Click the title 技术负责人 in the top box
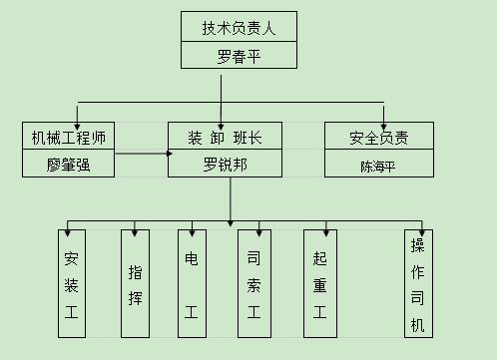[240, 27]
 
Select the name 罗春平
[240, 55]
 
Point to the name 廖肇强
[68, 164]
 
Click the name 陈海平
[379, 164]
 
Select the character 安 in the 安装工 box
[71, 257]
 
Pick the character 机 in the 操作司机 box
[417, 324]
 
